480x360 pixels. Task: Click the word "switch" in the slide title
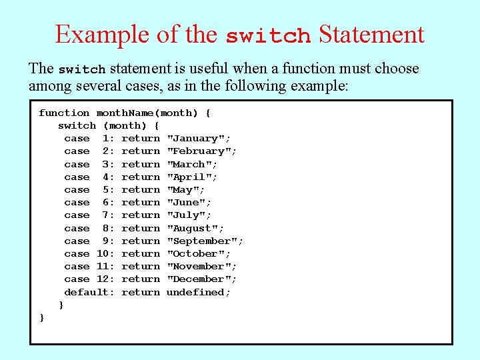pos(268,35)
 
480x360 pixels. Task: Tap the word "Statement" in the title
pos(371,34)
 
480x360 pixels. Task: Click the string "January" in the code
pos(199,139)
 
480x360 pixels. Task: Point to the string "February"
pos(201,151)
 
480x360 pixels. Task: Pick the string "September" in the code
pos(205,241)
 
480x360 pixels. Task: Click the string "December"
pos(201,279)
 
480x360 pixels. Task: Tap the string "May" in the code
pos(189,190)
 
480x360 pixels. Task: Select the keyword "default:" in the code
pos(89,292)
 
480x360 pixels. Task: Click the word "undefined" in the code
pos(199,292)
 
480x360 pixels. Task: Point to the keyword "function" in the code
pos(64,113)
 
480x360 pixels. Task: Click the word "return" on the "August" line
pos(141,229)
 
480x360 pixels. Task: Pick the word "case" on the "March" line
pos(77,165)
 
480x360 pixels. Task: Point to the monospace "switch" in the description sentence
pos(82,69)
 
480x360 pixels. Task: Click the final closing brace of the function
pos(42,318)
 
